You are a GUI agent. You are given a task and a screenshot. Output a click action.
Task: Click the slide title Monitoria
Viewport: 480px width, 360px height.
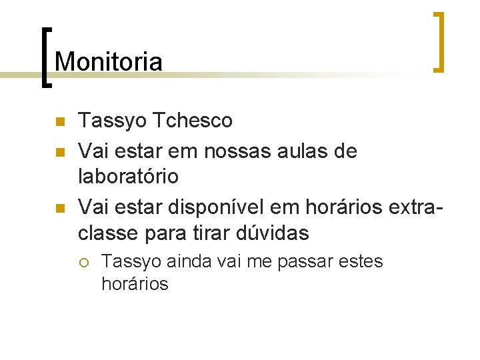coord(109,62)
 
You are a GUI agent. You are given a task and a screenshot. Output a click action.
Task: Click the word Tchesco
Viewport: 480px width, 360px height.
coord(193,121)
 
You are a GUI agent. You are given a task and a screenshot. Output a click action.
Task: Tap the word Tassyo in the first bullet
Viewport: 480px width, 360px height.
coord(113,121)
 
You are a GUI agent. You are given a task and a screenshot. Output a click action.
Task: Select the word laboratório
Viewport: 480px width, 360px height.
coord(129,177)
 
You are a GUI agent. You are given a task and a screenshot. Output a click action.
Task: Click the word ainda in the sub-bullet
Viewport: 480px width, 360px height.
coord(175,261)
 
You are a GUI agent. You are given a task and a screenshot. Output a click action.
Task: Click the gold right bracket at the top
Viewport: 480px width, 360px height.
coord(438,41)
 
